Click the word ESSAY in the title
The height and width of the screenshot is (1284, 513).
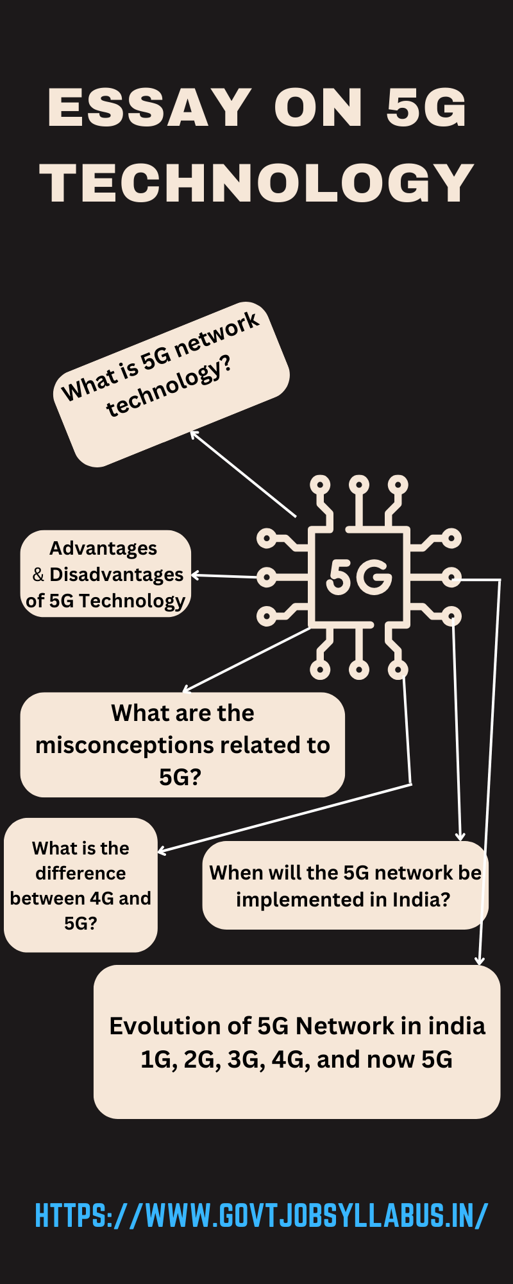coord(149,107)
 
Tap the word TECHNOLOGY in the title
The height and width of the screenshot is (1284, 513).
coord(256,183)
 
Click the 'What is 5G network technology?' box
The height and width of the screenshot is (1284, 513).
coord(171,384)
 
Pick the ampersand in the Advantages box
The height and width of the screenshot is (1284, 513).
coord(38,575)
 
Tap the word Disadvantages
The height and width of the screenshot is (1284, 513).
coord(117,575)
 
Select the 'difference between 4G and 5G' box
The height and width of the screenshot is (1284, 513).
coord(81,885)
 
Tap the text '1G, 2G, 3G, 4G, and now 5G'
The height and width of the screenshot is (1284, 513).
coord(296,1059)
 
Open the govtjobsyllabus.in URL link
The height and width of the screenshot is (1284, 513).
coord(261,1215)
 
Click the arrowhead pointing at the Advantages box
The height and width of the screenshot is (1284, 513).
coord(195,575)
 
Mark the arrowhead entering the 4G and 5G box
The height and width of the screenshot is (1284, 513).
coord(162,851)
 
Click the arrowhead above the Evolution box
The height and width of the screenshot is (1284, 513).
coord(479,961)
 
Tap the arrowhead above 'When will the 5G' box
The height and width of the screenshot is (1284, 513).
coord(460,837)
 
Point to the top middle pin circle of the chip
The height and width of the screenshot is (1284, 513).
coord(359,483)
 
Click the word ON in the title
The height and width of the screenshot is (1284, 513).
coord(319,107)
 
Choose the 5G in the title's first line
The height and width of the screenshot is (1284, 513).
coord(426,107)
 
